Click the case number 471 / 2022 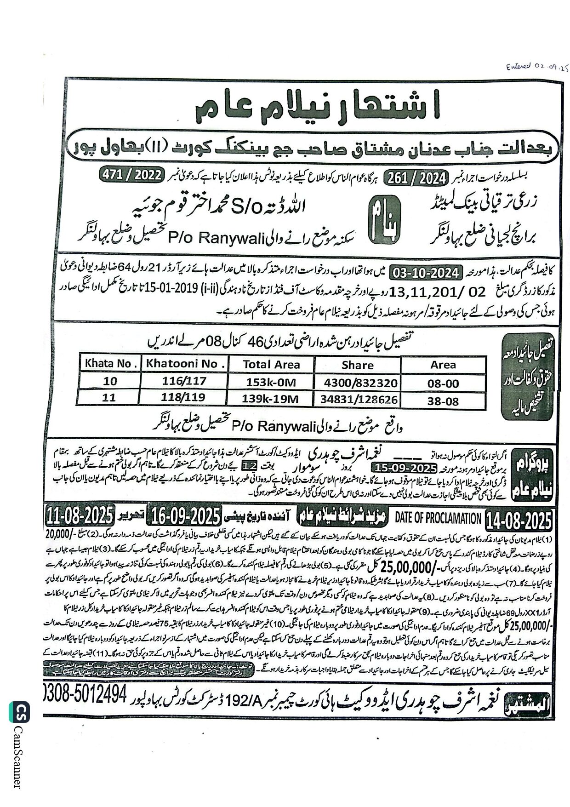click(x=131, y=176)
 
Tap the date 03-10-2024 click(x=425, y=273)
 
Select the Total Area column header click(x=271, y=365)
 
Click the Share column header click(x=357, y=365)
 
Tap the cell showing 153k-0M click(x=271, y=382)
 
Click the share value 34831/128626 click(x=360, y=399)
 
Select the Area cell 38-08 click(x=443, y=401)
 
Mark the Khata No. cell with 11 click(x=109, y=397)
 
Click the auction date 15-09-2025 click(x=405, y=469)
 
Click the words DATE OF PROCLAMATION click(x=439, y=518)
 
